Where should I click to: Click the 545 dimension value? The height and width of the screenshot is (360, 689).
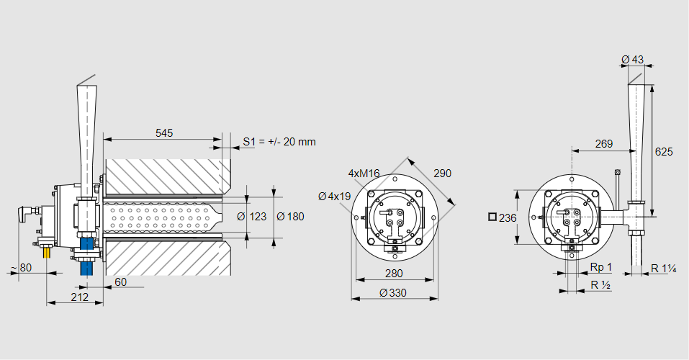[164, 133]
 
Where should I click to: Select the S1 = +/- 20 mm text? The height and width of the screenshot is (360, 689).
[279, 142]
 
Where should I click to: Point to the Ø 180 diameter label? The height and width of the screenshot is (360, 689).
[290, 217]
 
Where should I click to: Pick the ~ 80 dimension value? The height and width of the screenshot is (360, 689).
[21, 269]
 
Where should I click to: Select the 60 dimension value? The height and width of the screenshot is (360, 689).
[120, 282]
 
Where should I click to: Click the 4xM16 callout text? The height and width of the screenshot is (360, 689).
[364, 174]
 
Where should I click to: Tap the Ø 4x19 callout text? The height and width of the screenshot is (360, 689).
[335, 196]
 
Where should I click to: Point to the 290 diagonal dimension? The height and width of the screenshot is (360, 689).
[442, 174]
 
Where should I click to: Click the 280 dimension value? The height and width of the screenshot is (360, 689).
[393, 273]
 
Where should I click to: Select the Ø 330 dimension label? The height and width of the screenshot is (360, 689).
[393, 292]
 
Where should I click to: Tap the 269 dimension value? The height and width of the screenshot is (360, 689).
[604, 144]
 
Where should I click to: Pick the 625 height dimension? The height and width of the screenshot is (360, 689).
[664, 152]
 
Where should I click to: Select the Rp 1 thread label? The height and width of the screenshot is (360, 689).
[600, 267]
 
